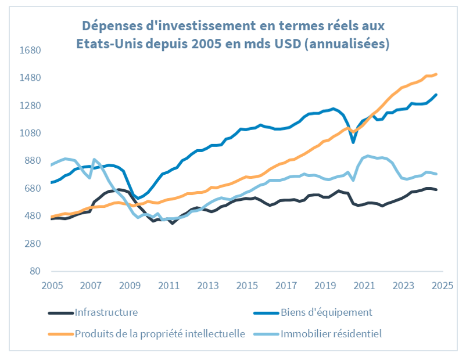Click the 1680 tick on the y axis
(x=30, y=51)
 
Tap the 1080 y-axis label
(x=30, y=134)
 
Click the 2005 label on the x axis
(x=52, y=286)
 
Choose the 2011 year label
(x=169, y=286)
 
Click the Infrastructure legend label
(x=106, y=312)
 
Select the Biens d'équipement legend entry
(x=326, y=312)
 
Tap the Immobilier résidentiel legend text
(x=331, y=333)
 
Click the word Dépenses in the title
(x=111, y=26)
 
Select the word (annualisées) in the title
(x=347, y=44)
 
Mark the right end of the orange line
(x=436, y=74)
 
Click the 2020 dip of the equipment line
(x=353, y=142)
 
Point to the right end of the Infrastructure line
(x=436, y=190)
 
